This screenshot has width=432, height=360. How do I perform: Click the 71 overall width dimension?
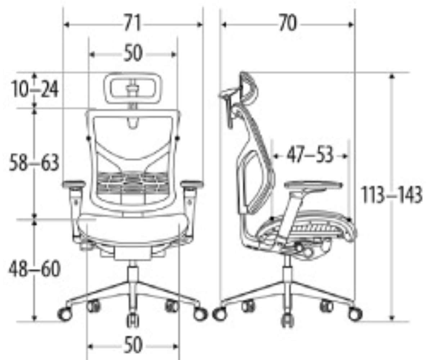coord(133,23)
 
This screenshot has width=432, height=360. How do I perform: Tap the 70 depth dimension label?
coord(288,23)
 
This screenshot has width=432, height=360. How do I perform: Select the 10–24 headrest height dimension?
coord(35,89)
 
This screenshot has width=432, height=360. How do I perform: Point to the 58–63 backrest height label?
coord(34,162)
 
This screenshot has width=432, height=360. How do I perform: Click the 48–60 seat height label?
coord(35,269)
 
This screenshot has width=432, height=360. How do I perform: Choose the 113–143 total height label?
coord(391,194)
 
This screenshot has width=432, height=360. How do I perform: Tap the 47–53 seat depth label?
coord(310,155)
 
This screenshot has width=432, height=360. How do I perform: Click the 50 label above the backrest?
coord(133,53)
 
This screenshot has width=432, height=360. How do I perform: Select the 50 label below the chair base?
coord(133,345)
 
